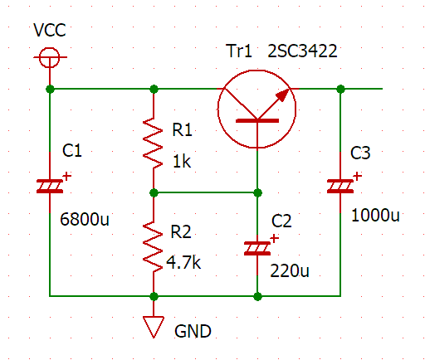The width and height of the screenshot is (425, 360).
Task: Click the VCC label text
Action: coord(50,30)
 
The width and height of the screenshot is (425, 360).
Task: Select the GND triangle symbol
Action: coord(154,327)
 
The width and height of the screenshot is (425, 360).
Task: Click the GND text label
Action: coord(193,331)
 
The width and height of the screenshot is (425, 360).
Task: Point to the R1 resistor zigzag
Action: coord(153,143)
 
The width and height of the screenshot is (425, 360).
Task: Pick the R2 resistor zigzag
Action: coord(153,246)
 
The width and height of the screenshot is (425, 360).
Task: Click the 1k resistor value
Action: coord(182,162)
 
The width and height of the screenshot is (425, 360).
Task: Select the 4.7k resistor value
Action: coord(183,262)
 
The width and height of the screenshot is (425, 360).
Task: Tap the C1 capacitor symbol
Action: coord(50,186)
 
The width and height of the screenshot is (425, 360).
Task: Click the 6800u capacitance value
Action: coord(85,219)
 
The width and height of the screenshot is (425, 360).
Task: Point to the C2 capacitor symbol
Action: coord(257,248)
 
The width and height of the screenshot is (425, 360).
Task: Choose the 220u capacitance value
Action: coord(290,271)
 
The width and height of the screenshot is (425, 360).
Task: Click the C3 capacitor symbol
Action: coord(340,186)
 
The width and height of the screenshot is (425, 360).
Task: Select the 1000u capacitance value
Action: coord(375,216)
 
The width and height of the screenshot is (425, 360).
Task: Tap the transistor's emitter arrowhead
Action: coord(283,95)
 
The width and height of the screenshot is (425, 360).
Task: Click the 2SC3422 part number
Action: coord(302,51)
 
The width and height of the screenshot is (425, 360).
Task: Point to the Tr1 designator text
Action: coord(239,51)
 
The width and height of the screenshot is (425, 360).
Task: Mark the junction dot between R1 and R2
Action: coord(154,192)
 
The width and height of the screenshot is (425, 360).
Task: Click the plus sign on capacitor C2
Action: coord(274,239)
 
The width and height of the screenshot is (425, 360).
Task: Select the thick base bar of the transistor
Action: coord(257,120)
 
